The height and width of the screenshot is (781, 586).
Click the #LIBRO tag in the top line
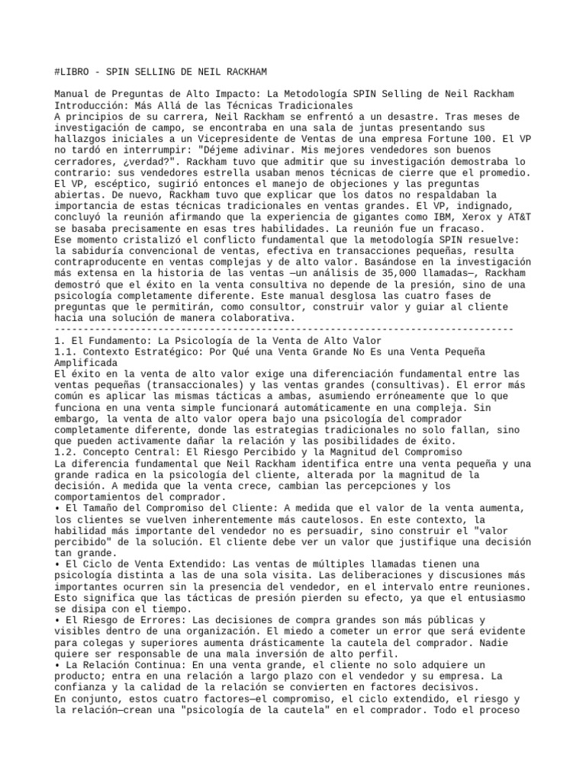click(x=74, y=72)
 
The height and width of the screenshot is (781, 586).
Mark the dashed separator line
click(x=284, y=329)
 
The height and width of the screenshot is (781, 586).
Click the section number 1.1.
click(x=65, y=352)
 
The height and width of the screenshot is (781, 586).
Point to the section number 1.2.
click(x=65, y=452)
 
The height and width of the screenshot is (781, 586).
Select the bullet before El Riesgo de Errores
click(x=57, y=621)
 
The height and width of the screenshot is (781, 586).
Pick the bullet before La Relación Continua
click(x=57, y=665)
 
